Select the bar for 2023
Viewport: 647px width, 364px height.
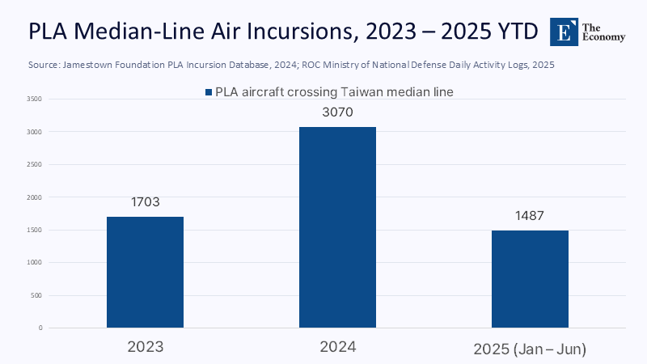click(x=145, y=272)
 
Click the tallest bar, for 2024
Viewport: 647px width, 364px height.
click(x=337, y=227)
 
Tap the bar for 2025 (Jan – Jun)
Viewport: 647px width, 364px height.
click(x=530, y=279)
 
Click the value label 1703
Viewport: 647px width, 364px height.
click(x=145, y=202)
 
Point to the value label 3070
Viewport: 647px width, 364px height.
click(x=337, y=112)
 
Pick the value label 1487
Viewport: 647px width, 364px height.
click(x=530, y=216)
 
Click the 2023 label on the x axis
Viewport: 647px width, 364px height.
click(x=145, y=347)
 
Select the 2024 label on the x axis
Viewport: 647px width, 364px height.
click(x=337, y=347)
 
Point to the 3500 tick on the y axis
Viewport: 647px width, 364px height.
click(x=34, y=99)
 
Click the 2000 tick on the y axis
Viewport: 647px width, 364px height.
click(x=34, y=197)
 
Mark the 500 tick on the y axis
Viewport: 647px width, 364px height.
click(x=36, y=295)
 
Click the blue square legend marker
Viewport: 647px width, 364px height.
click(x=209, y=92)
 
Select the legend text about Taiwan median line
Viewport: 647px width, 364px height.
click(x=334, y=92)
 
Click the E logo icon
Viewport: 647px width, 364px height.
click(x=563, y=32)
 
